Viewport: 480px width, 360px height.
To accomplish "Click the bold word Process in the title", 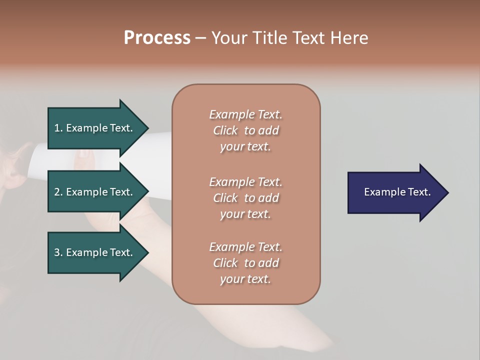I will point(157,38).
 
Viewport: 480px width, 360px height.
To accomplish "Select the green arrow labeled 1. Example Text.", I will point(95,128).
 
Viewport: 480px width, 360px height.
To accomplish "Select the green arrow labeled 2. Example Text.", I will point(95,192).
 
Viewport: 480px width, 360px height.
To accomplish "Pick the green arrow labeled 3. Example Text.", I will point(95,252).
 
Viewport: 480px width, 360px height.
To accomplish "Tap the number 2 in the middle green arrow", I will point(57,192).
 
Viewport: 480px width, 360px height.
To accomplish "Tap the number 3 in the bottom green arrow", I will point(57,252).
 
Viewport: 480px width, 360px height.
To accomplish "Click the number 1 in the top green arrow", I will point(56,128).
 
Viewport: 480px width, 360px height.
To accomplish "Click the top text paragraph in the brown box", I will point(245,130).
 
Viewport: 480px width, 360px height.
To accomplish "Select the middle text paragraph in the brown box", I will point(245,197).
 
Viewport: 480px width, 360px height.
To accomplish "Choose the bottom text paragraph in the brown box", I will point(245,263).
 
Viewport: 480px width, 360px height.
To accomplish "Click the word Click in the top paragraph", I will point(225,130).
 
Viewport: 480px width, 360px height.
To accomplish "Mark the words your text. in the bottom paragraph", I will point(245,279).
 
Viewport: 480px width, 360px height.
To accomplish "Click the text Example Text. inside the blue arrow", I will point(397,192).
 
